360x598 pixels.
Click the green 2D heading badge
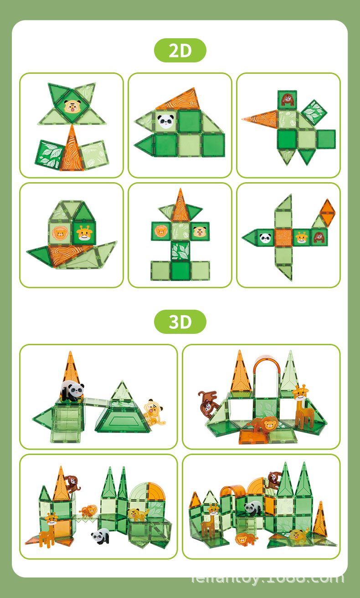click(180, 51)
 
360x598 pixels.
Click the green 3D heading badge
click(180, 322)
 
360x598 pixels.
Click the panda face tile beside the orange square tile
click(266, 237)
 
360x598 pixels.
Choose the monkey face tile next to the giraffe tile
click(319, 237)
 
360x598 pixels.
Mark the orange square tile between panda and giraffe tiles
click(283, 237)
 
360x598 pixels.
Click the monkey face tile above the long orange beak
click(287, 99)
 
